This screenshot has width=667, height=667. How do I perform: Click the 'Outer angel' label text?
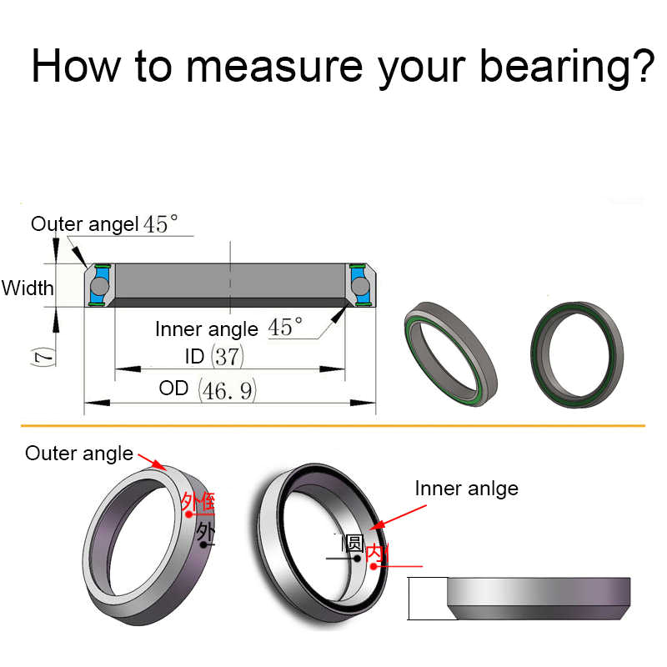(x=84, y=224)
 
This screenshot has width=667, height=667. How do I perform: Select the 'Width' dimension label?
(x=28, y=288)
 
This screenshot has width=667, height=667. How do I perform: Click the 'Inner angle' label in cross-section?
(x=207, y=328)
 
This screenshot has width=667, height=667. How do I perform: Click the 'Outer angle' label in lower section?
(x=79, y=454)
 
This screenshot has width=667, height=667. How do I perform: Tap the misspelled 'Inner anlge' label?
(x=466, y=488)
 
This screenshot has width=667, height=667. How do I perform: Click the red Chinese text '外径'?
(x=198, y=502)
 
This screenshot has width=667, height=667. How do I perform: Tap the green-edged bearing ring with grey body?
(x=451, y=353)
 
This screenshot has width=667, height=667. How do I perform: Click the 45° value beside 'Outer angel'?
(x=161, y=225)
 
